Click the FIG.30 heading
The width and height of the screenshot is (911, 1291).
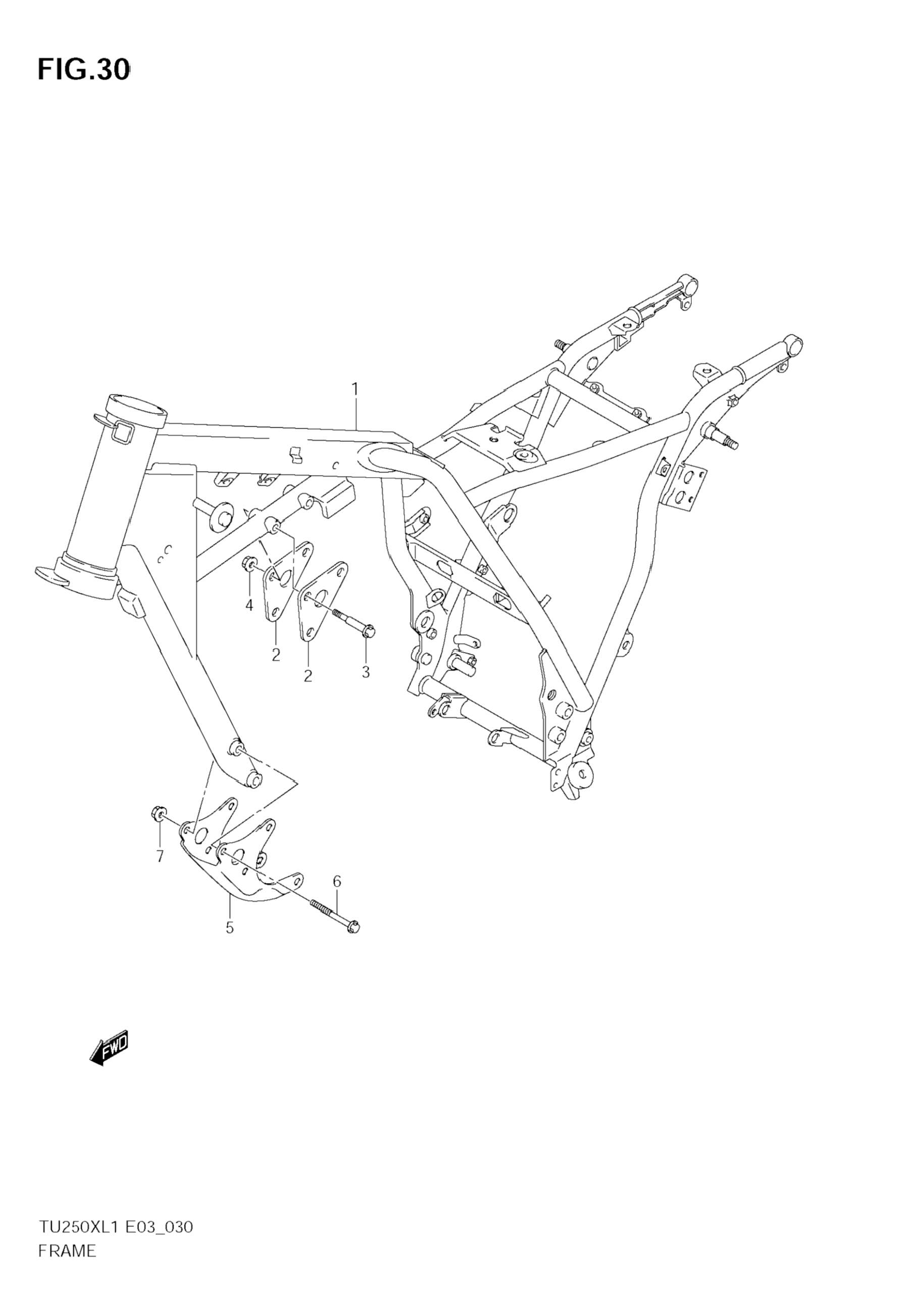pos(84,70)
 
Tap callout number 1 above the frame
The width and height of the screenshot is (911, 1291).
pos(355,389)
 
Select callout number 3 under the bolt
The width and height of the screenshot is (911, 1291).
pos(366,672)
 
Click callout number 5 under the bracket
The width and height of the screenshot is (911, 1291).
pos(229,927)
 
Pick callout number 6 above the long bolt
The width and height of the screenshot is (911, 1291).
pos(337,882)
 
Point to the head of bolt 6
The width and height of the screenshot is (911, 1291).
pos(353,926)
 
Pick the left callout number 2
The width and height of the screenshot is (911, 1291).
pos(276,655)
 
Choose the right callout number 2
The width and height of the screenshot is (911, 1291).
pos(308,676)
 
